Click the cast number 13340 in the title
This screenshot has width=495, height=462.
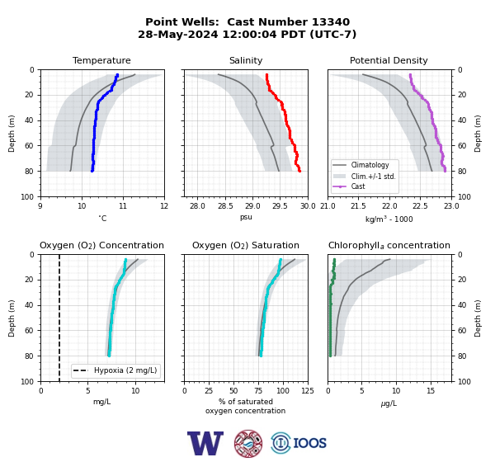point(331,22)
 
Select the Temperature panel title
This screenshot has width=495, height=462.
point(101,60)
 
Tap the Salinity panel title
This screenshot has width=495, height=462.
point(246,60)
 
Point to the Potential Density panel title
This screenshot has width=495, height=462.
point(389,60)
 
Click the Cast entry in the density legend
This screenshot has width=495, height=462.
point(358,186)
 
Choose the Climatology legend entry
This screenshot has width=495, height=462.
point(370,165)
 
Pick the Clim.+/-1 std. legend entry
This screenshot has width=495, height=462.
point(373,177)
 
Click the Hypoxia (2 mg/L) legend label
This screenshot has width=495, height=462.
point(125,370)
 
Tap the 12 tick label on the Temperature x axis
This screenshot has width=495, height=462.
point(164,206)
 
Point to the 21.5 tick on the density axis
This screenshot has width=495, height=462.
point(358,206)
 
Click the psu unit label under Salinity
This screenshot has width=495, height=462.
point(246,217)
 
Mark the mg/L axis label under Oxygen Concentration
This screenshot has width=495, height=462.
point(102,402)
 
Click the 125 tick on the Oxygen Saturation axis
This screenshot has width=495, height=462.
point(308,391)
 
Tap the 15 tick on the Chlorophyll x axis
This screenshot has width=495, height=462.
point(431,391)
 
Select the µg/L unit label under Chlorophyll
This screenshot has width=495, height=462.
point(389,403)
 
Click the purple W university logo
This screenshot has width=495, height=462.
point(205,443)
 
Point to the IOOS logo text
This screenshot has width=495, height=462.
point(309,443)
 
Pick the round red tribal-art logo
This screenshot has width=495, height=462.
point(248,443)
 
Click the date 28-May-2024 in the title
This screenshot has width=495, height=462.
point(178,34)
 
